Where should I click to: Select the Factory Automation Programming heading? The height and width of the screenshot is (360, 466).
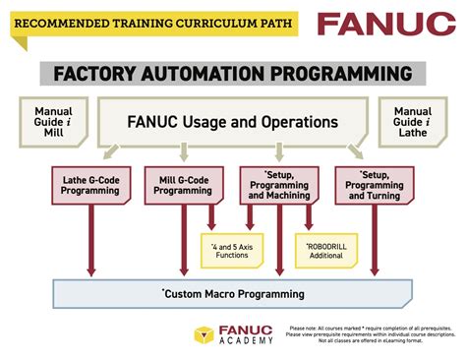[233, 74]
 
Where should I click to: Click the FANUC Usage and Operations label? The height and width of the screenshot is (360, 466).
[233, 122]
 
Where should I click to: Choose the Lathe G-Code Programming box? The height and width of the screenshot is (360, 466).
[90, 184]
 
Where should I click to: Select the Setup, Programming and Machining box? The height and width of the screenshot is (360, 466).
[279, 184]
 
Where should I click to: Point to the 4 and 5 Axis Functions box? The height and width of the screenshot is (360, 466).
[232, 251]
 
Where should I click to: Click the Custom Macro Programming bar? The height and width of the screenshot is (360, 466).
[233, 293]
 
